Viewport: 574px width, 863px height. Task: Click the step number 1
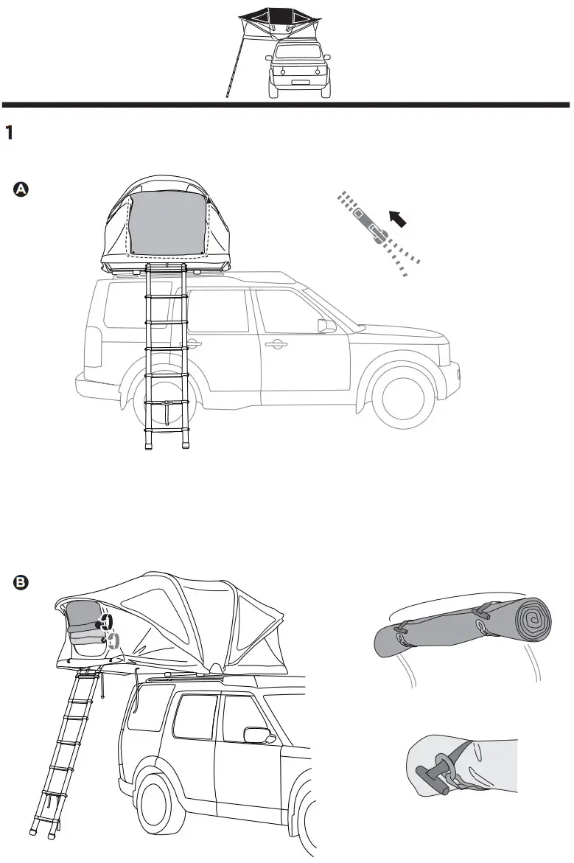[x=10, y=132]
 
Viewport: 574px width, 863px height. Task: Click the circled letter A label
[x=21, y=190]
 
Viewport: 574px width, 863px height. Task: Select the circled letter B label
[x=21, y=583]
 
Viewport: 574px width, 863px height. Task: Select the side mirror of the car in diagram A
[x=326, y=326]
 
